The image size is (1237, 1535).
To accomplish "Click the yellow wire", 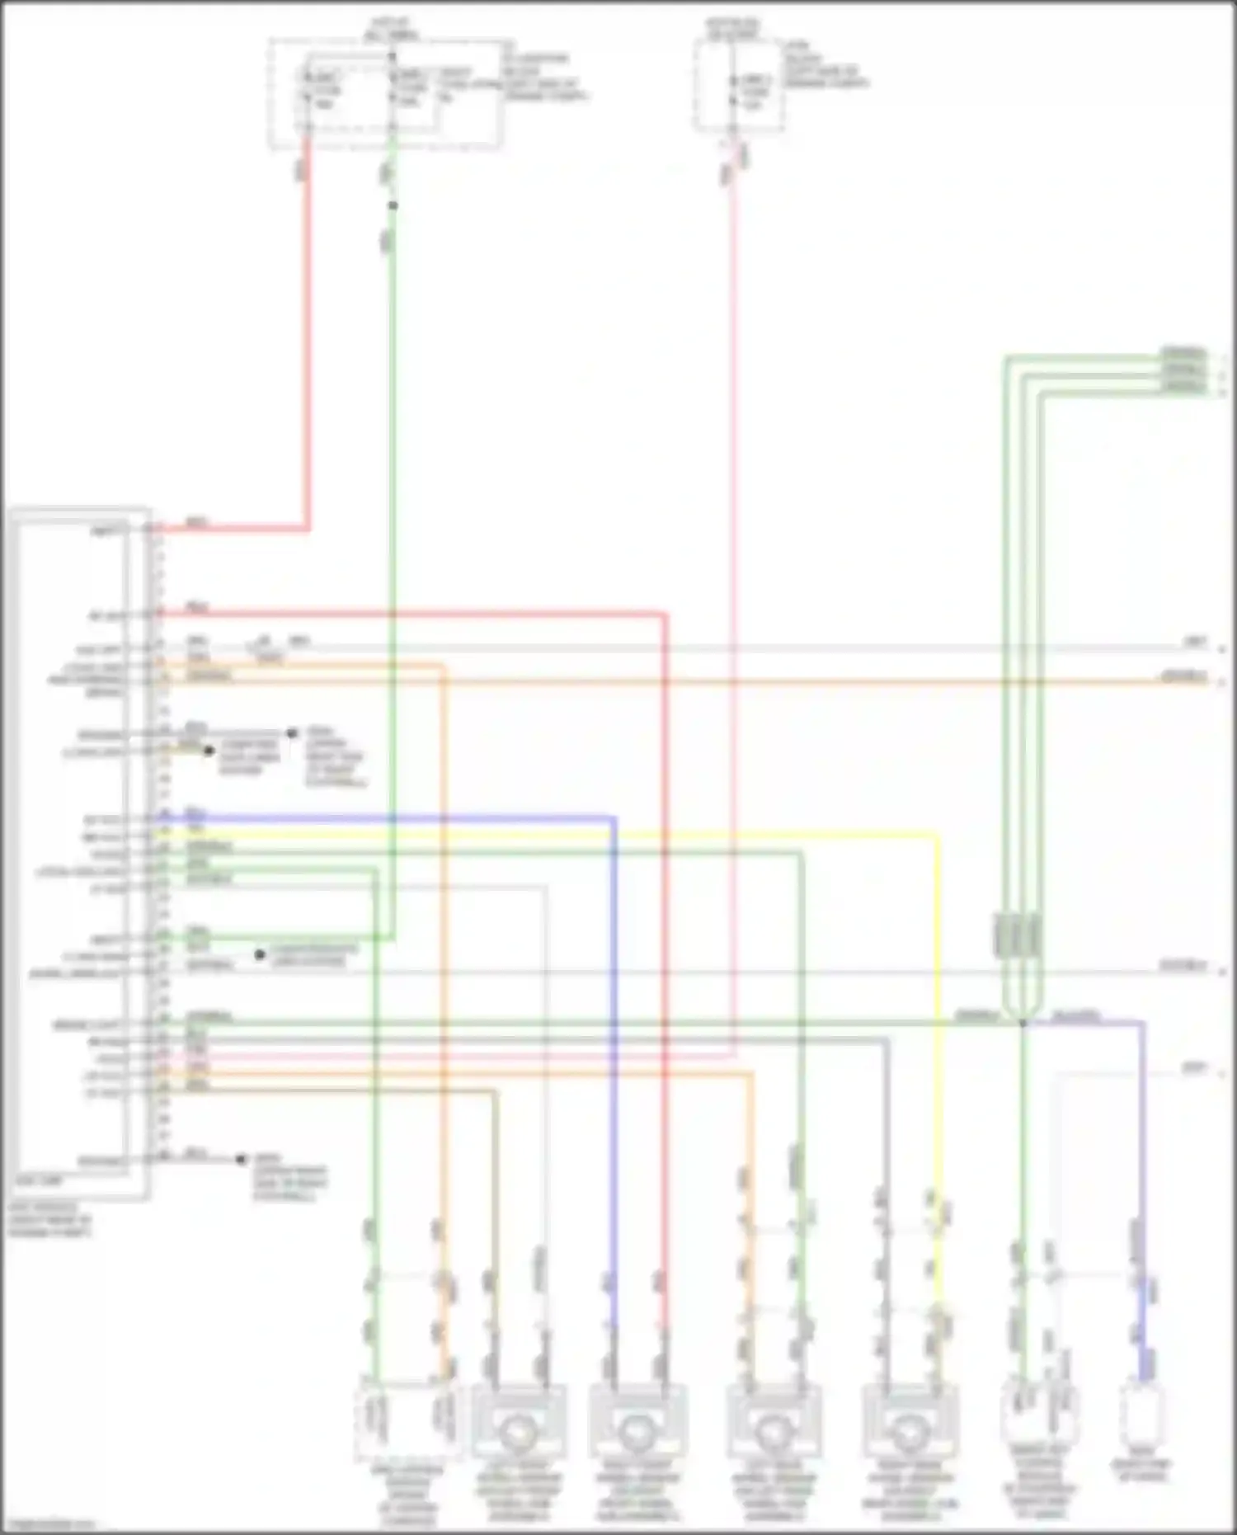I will [x=938, y=990].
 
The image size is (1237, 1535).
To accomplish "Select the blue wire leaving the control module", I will [x=614, y=990].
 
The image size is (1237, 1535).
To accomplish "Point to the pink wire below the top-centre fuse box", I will [x=732, y=577].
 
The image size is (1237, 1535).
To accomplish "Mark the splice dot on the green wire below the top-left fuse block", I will [x=393, y=205].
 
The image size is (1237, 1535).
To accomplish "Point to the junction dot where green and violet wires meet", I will [x=1023, y=1023].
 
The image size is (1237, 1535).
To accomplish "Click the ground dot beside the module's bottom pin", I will [x=241, y=1159].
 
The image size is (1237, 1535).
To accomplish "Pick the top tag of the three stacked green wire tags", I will [x=1183, y=353].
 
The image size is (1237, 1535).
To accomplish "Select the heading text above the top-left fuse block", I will [x=391, y=28].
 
